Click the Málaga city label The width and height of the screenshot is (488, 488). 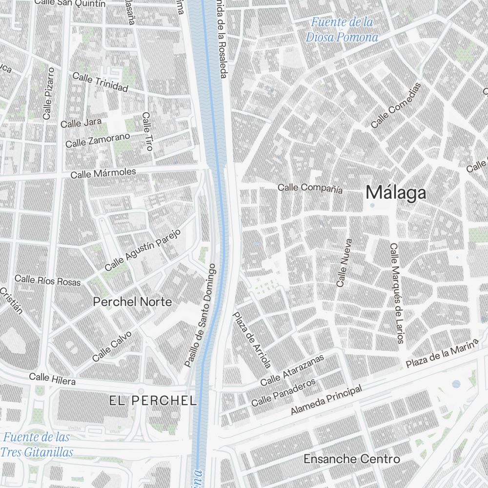[396, 193]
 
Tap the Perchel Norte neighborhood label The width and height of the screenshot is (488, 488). [132, 302]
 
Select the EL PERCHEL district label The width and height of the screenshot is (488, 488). [153, 401]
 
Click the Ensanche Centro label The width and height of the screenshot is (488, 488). [351, 459]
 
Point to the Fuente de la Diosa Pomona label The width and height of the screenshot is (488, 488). [342, 30]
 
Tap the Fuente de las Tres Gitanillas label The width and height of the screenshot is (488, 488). [37, 445]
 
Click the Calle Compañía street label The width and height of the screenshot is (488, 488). [310, 188]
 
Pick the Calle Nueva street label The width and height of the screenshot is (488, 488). [344, 262]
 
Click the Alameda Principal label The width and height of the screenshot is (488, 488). [326, 400]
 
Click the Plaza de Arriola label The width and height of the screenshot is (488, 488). [252, 340]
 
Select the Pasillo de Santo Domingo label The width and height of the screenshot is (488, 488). [200, 316]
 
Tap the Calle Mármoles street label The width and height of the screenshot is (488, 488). [103, 173]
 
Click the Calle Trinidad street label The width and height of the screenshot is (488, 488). [100, 82]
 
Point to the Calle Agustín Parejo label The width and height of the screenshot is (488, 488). [142, 250]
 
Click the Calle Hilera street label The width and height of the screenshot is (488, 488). [52, 378]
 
